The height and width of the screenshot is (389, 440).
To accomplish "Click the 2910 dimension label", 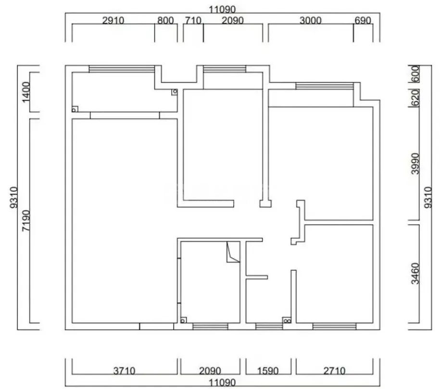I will (x=113, y=21).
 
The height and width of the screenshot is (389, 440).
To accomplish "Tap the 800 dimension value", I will (x=165, y=21).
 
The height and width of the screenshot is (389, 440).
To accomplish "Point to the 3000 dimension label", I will (x=311, y=21).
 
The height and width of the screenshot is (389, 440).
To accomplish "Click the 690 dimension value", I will (x=363, y=21).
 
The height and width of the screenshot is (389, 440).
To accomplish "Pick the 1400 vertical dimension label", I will (x=27, y=91).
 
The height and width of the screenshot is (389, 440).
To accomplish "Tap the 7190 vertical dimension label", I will (x=27, y=221).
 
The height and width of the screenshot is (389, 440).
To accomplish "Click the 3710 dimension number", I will (x=125, y=371).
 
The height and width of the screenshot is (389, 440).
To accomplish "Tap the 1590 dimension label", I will (x=268, y=371).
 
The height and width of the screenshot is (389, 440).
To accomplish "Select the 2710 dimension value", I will (x=334, y=371).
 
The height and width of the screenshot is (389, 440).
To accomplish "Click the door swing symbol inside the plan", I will (x=233, y=253).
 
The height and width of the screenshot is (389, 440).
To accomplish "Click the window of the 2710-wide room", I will (x=334, y=326).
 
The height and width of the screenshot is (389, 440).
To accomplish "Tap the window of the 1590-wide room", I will (x=269, y=326).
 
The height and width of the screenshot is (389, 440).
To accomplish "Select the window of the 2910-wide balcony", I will (x=122, y=69).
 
